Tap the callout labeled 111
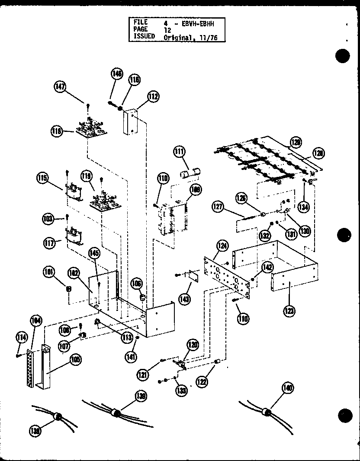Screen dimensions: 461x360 (179, 152)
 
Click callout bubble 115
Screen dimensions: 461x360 (42, 178)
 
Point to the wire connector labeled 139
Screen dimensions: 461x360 (115, 412)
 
